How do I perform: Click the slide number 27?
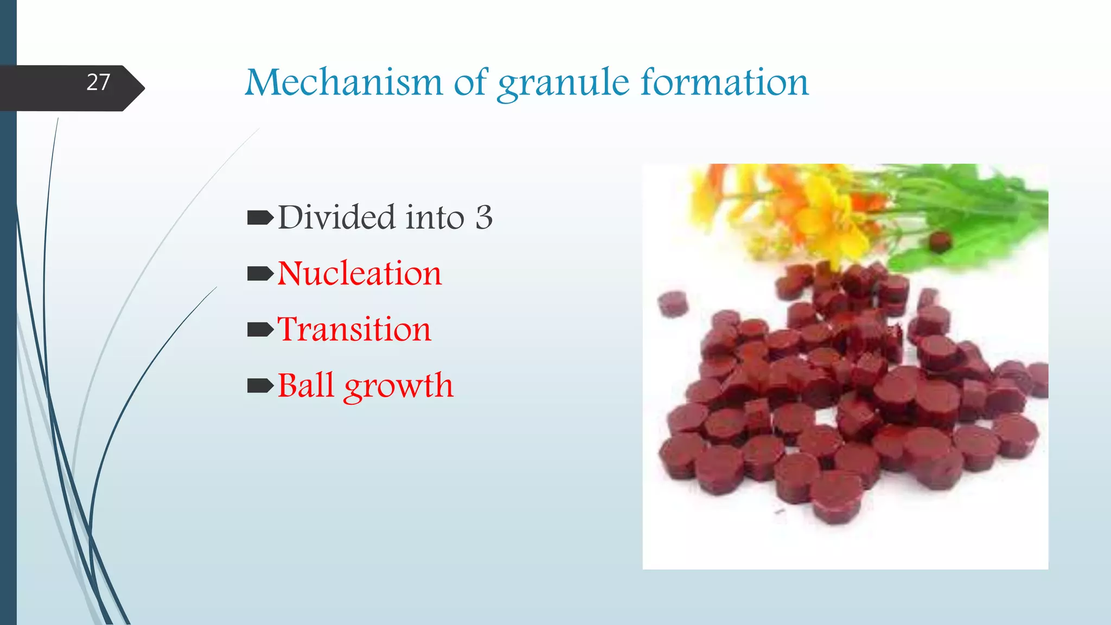[98, 82]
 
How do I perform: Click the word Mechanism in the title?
[344, 83]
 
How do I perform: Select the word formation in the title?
[725, 83]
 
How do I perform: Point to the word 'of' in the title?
[470, 83]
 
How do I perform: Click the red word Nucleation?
[360, 273]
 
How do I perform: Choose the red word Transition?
[354, 329]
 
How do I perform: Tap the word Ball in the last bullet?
[305, 386]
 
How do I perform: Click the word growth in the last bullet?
[398, 387]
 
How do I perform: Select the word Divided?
[337, 217]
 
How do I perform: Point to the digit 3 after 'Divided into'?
[484, 218]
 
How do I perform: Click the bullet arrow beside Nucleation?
[260, 274]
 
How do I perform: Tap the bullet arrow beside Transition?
[260, 330]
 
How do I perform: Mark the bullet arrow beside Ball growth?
[260, 386]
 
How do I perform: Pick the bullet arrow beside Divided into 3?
[260, 218]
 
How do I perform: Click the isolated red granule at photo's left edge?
[673, 303]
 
